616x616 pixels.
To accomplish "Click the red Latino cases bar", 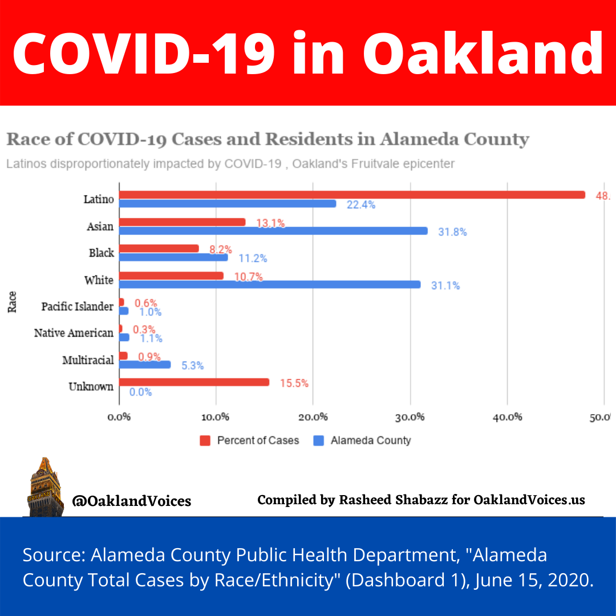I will pos(352,194).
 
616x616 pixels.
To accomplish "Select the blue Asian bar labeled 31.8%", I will pos(273,231).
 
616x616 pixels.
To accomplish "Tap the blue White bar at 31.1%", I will pos(270,284).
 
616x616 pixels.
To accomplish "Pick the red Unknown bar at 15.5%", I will pos(194,382).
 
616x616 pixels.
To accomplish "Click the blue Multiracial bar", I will pos(145,364).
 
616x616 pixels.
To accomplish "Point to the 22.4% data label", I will pos(361,205).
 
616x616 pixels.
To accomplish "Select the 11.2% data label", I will pos(253,258).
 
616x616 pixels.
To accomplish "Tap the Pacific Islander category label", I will pos(78,307).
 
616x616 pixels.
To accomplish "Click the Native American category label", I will pos(74,333).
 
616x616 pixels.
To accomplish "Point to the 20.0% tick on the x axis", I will pos(313,417).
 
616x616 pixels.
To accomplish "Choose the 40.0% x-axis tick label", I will pos(507,417).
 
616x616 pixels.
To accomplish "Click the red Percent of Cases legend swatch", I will pos(205,440).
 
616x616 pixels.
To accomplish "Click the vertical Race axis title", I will pos(12,302).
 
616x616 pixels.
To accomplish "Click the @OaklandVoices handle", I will pos(131,501).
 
